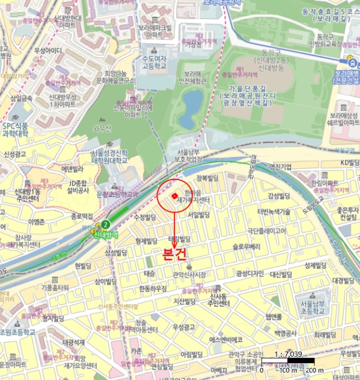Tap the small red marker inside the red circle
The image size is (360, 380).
[x=174, y=196]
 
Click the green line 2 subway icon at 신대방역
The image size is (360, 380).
[x=106, y=224]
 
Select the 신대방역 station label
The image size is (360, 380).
[x=107, y=235]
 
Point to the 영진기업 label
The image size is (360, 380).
[x=280, y=167]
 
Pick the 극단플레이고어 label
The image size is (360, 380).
[x=267, y=230]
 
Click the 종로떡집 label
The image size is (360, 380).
[x=82, y=216]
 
